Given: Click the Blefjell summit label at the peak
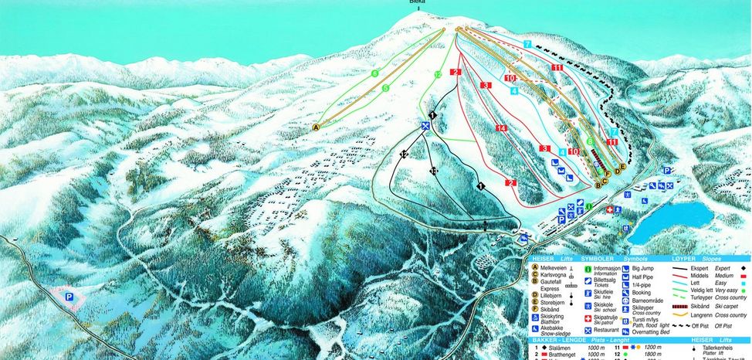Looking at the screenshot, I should point(418,2).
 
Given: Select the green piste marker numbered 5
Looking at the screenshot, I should point(385,88).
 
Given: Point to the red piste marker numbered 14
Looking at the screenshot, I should point(500,127).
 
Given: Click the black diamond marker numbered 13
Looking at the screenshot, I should point(433,171).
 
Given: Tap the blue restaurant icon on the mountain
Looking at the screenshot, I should point(425,126).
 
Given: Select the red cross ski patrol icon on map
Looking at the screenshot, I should point(611,209).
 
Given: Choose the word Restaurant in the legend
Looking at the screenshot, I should point(610,331).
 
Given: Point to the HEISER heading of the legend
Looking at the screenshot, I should point(543,259).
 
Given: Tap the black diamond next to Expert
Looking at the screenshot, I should point(740,267).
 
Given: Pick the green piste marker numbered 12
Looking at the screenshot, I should point(437,74).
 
